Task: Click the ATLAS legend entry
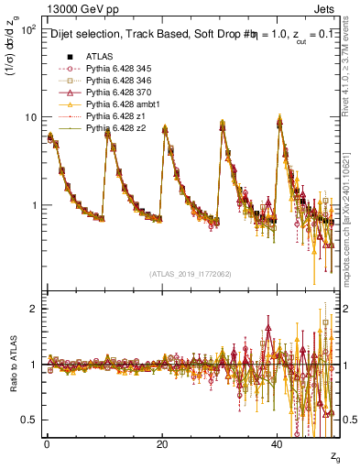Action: coord(101,56)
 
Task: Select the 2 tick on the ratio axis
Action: coord(33,309)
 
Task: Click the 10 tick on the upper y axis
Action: coord(29,117)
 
